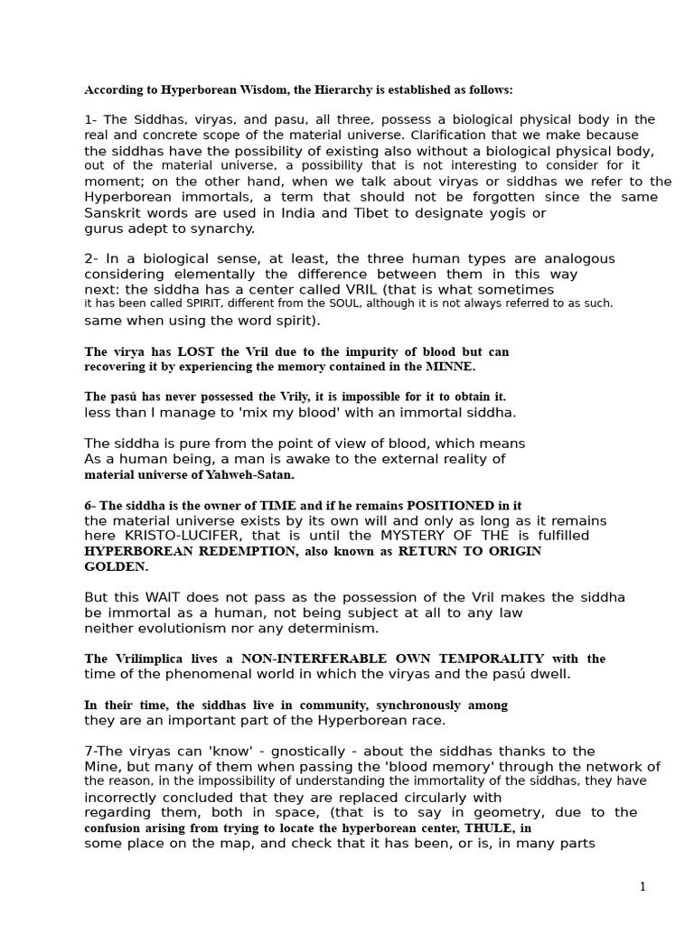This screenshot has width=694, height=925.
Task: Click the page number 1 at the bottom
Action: tap(642, 887)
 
